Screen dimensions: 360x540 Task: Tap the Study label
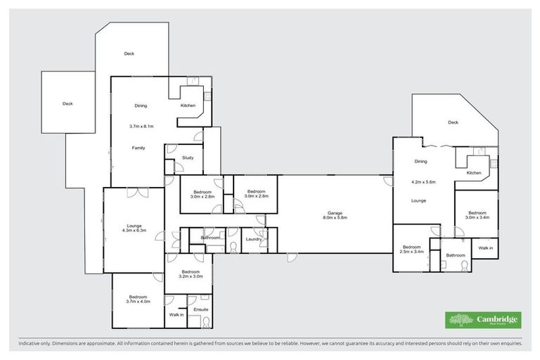coord(188,157)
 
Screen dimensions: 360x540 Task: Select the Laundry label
coord(253,239)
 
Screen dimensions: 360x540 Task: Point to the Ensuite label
coord(201,309)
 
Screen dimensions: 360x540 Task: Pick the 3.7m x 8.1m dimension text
coord(141,127)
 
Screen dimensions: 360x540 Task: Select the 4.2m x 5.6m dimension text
coord(423,182)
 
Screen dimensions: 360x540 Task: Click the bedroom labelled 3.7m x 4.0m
coord(138,300)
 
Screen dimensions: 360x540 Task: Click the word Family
coord(139,148)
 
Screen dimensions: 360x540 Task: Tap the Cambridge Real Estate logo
coord(483,321)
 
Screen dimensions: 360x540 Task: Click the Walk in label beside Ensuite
coord(176,314)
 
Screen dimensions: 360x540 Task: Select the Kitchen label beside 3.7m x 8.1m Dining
coord(188,105)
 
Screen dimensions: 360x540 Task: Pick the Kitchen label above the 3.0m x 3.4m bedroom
coord(474,173)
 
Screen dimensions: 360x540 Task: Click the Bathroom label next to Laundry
coord(211,238)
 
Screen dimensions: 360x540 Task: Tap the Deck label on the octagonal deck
coord(453,122)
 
